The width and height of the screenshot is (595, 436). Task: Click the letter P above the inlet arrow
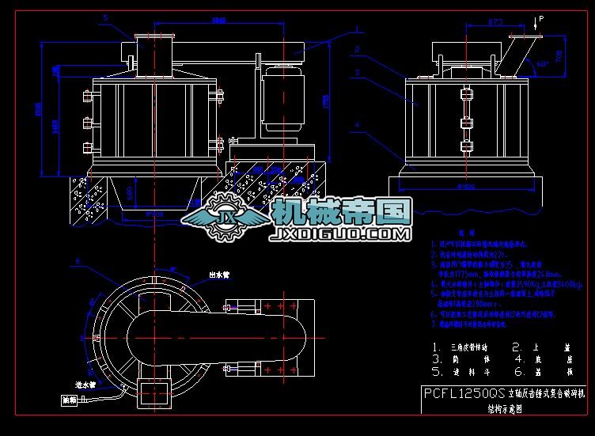coord(541,17)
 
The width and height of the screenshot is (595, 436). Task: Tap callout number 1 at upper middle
coord(358,28)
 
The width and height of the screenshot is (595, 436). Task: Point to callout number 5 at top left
coord(105,17)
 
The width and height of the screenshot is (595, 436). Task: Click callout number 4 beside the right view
coord(358,123)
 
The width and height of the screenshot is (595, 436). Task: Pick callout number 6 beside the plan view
coord(78,260)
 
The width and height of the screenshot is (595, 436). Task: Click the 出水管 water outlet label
coord(209,276)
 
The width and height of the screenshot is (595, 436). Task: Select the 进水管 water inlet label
coord(81,385)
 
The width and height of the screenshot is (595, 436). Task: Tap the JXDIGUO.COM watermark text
coord(339,234)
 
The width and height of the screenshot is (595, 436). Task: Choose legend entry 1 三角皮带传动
coord(467,347)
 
